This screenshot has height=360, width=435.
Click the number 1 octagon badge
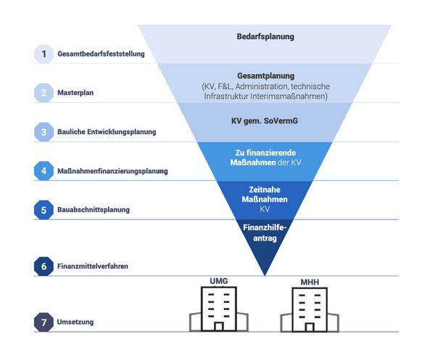(43, 54)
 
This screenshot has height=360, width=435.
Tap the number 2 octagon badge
(43, 93)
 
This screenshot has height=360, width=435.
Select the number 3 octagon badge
(43, 132)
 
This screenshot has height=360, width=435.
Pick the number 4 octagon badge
(43, 171)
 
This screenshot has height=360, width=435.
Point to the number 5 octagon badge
(43, 209)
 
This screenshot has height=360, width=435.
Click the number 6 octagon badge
(43, 267)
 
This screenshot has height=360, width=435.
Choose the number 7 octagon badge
(43, 322)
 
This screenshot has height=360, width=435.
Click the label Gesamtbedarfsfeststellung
(101, 54)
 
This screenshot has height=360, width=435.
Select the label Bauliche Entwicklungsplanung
(107, 133)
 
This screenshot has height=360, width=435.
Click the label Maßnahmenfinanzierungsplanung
(112, 172)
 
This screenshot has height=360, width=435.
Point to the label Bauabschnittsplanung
(94, 210)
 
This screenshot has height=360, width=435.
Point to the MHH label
(310, 281)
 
